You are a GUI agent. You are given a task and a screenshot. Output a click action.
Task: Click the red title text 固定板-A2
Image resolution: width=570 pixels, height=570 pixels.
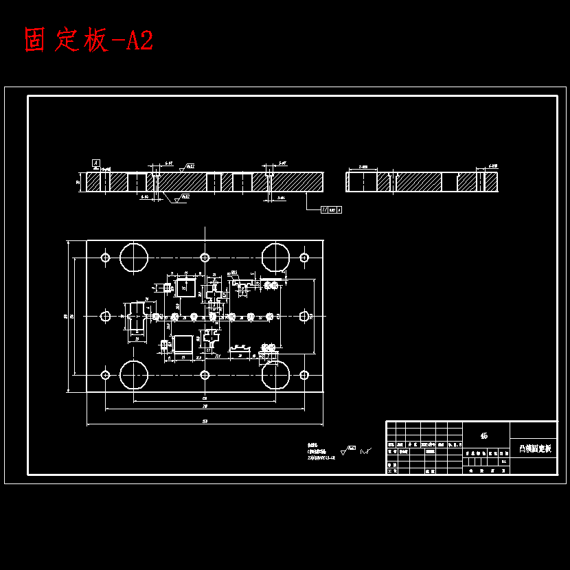tap(89, 41)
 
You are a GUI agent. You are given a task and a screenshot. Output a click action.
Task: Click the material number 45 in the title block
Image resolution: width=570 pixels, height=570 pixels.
tap(484, 435)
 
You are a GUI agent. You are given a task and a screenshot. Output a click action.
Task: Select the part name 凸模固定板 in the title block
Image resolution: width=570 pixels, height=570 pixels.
tap(534, 449)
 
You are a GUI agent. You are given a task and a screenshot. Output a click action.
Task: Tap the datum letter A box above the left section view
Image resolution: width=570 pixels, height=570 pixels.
tap(96, 163)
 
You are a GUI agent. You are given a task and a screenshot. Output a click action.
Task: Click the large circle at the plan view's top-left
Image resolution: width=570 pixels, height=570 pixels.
tap(134, 257)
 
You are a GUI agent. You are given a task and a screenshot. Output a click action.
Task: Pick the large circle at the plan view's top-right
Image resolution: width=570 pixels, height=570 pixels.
tap(275, 257)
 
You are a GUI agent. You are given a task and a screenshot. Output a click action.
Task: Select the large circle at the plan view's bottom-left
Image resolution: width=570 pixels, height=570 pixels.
tap(134, 374)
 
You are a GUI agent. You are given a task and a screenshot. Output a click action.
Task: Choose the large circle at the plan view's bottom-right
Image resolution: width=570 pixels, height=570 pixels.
tap(275, 374)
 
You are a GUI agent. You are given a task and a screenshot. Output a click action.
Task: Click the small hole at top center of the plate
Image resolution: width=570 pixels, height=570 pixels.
tap(205, 257)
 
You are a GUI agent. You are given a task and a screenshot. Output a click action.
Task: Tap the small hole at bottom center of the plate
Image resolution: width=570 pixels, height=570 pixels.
tap(205, 375)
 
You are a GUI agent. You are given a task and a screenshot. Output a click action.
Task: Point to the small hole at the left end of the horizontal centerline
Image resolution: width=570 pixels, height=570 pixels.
tap(105, 316)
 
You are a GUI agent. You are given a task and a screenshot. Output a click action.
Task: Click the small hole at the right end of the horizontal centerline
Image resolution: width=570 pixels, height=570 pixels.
tap(304, 316)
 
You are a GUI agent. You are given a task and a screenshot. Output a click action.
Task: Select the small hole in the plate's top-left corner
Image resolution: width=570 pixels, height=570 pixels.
tap(105, 257)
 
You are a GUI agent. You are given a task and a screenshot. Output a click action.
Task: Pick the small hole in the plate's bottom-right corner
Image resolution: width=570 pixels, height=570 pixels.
tap(304, 375)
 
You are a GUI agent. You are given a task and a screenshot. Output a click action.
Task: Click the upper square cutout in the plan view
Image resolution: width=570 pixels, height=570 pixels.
tap(185, 288)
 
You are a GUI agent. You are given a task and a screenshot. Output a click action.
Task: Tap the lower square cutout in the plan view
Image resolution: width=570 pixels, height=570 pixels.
tap(183, 344)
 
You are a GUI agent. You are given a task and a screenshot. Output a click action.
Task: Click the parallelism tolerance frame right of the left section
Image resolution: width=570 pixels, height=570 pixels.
tap(331, 209)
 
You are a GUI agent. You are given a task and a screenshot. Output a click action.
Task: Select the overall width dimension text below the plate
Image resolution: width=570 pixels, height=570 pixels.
tap(205, 421)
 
